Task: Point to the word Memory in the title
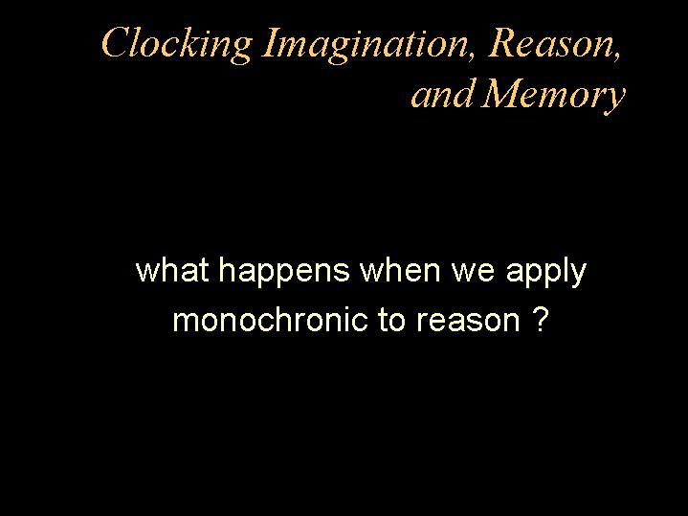(x=553, y=96)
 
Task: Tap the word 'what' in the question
(x=172, y=271)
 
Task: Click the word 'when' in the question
(x=400, y=271)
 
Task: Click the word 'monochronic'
(x=270, y=320)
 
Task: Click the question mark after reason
(x=543, y=320)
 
